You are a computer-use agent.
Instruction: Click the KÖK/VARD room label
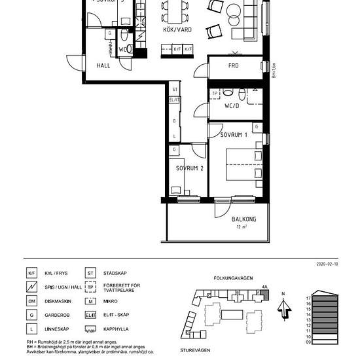(x=177, y=30)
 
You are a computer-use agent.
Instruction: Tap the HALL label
(x=103, y=66)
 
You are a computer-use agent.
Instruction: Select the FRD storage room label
(x=233, y=66)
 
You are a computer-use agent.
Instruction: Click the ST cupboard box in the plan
(x=174, y=90)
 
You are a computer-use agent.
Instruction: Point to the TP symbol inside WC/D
(x=215, y=94)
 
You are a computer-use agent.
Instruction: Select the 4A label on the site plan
(x=264, y=287)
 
